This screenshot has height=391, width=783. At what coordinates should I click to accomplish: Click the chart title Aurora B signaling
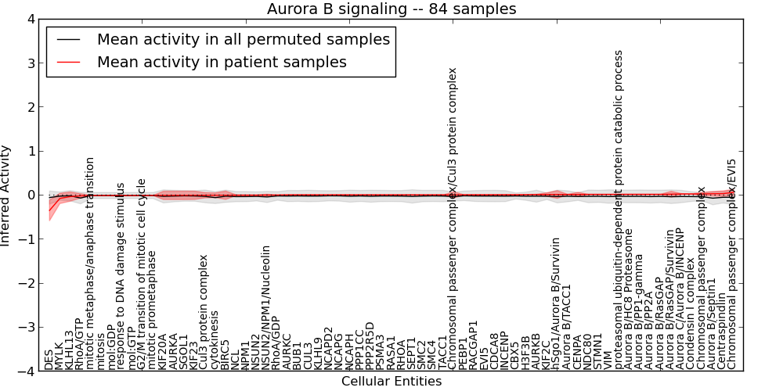391,9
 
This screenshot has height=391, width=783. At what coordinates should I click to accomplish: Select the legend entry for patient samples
222,62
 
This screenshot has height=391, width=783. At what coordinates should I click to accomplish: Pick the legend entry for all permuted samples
244,39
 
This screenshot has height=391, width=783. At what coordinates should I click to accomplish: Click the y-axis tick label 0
31,195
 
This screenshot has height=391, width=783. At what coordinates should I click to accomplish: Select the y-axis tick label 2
31,107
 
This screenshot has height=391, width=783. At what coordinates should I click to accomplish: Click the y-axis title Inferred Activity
7,195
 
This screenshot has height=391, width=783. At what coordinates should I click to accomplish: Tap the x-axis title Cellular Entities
391,382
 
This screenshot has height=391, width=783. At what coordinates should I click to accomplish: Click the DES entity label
49,360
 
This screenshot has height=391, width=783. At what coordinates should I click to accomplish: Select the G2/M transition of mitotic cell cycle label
142,274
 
